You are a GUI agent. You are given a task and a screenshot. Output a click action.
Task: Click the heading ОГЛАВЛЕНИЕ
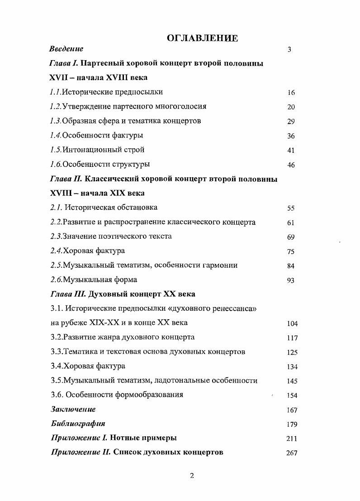202,38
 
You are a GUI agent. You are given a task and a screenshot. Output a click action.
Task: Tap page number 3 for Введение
289,49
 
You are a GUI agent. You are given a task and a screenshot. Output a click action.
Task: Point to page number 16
291,93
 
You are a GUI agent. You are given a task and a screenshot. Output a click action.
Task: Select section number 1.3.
56,121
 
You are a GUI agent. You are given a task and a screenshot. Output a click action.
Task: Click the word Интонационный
89,150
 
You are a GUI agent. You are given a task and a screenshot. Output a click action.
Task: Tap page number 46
291,165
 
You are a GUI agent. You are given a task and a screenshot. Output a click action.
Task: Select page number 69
291,237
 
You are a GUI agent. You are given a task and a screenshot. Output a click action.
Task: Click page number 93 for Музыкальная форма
291,280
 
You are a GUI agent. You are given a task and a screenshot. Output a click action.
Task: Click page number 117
292,338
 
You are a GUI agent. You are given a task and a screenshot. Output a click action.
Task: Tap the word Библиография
77,424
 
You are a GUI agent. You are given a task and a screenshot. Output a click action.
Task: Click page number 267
292,453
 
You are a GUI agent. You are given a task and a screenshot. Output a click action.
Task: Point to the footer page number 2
192,476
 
